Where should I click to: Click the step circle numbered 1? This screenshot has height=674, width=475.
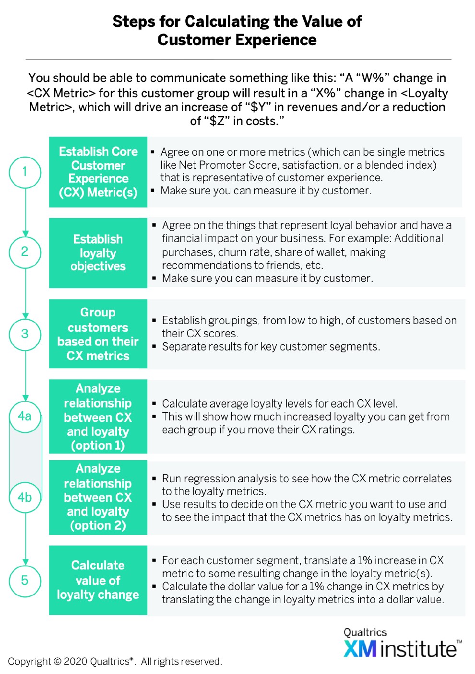point(25,172)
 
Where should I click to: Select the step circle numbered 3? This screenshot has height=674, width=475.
point(25,334)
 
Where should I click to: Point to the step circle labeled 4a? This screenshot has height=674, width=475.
point(25,416)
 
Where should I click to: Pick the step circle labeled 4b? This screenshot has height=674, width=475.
point(25,498)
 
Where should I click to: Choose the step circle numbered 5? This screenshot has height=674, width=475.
point(25,581)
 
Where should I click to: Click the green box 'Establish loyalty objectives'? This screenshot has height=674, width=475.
point(98,253)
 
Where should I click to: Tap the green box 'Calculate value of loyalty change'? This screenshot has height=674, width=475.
point(98,580)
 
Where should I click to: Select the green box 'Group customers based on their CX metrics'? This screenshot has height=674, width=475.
point(98,334)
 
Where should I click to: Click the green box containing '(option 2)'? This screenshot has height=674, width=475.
point(98,498)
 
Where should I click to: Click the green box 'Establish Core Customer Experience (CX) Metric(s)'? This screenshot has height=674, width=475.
point(98,172)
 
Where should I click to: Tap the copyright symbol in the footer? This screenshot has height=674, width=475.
point(57,662)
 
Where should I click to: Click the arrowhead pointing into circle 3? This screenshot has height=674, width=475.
point(25,315)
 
